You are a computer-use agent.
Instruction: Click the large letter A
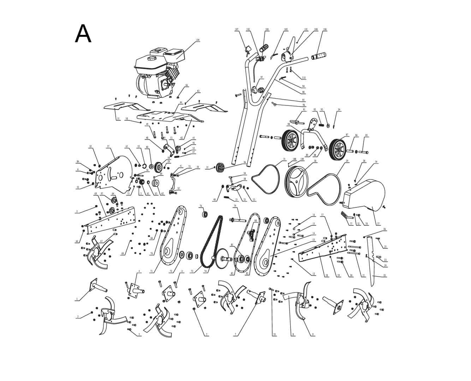coord(83,34)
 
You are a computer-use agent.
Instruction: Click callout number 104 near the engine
coord(197,40)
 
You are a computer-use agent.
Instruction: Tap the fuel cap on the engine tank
coord(153,58)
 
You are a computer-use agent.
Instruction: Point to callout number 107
coord(237,30)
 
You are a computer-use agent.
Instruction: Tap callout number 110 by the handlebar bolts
coord(304,78)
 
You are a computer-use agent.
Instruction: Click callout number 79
coord(235,206)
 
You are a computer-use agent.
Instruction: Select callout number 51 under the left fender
coord(118,119)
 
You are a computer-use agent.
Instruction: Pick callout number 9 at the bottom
coord(313,334)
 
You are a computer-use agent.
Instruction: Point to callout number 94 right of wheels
coord(339,110)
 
